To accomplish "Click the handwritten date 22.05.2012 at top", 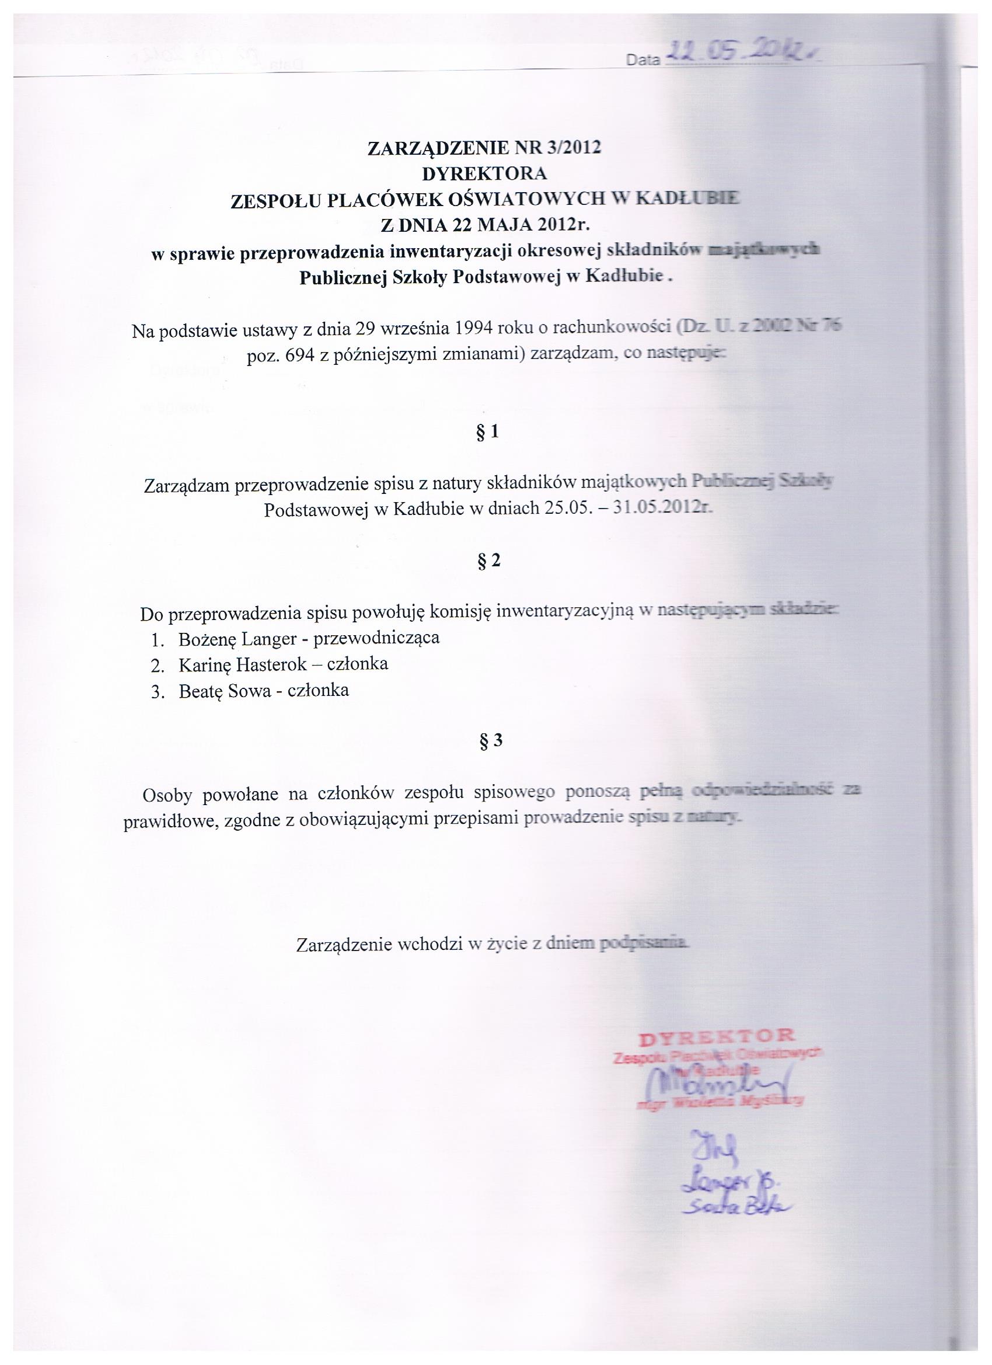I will (743, 57).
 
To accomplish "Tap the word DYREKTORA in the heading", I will (484, 174).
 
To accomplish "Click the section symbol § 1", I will (488, 432).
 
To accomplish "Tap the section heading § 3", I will (490, 741).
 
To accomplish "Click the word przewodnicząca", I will (377, 638).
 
